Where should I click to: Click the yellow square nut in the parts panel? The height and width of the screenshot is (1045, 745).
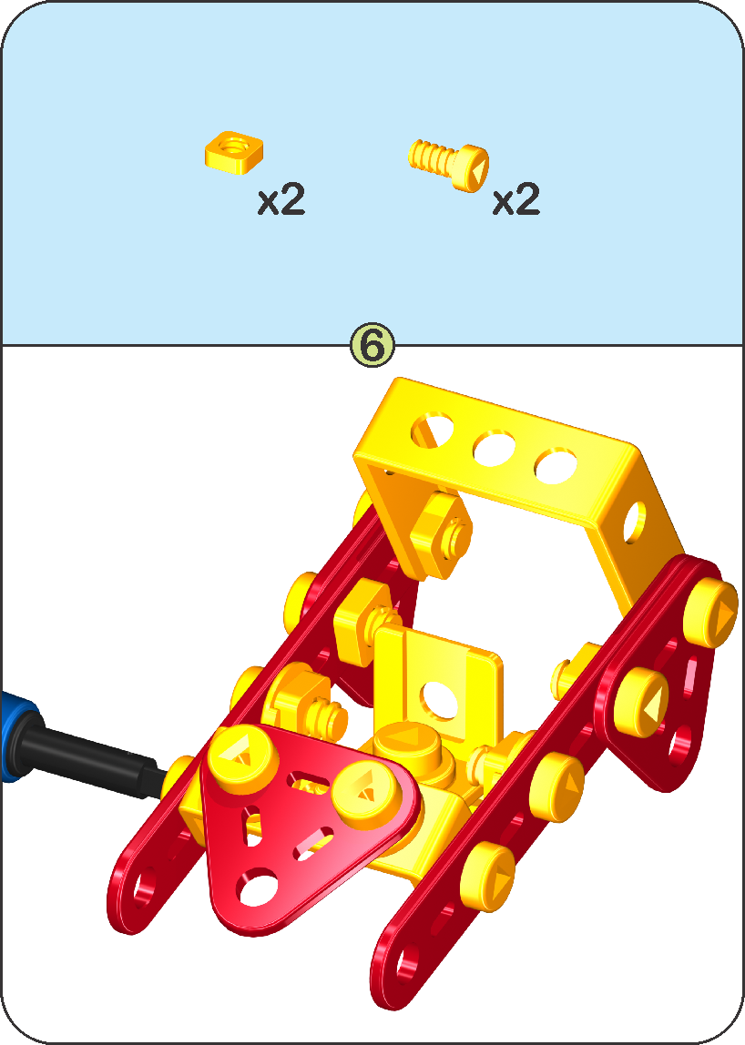pos(233,152)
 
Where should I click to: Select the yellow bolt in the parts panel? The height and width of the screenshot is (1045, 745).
pos(448,164)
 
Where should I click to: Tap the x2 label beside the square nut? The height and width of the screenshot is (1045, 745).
pos(281,199)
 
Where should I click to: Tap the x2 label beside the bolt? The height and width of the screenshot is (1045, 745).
pos(516,199)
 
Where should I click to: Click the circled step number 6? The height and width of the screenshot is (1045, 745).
pos(372,345)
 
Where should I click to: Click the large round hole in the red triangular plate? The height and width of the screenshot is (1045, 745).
pos(258,887)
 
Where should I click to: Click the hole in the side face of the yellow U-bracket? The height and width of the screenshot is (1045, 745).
pos(634,521)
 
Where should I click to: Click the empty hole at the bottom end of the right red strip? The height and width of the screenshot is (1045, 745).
pos(405,966)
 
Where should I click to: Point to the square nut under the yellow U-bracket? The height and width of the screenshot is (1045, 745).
pos(440,534)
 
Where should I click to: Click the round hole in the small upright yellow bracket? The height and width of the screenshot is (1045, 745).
pos(439,700)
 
